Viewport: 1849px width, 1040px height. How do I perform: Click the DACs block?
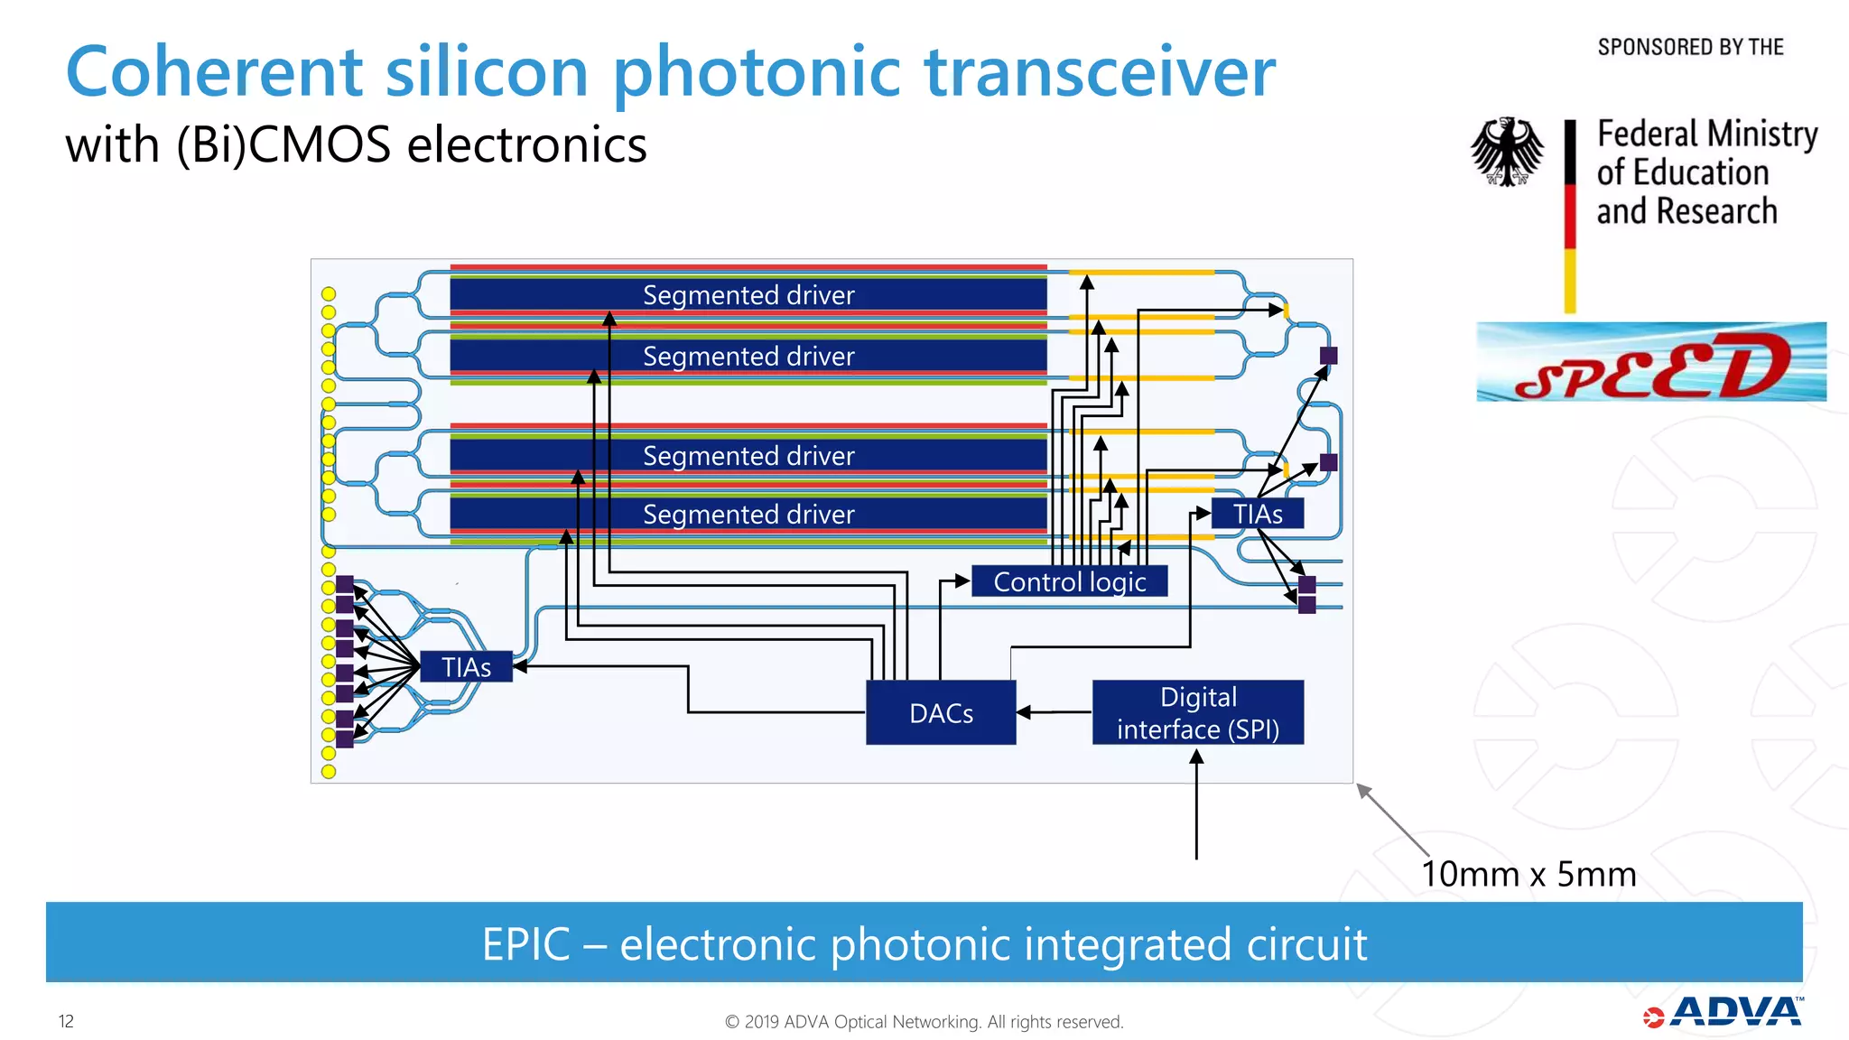tap(941, 712)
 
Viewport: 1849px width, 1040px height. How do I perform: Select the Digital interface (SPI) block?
tap(1197, 712)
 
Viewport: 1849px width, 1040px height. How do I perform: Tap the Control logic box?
tap(1069, 581)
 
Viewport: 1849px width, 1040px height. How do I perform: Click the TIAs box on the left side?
tap(466, 667)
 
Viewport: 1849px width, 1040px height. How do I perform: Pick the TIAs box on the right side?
tap(1257, 514)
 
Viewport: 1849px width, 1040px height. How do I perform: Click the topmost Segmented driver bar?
tap(748, 295)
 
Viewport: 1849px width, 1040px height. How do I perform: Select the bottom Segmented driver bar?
tap(748, 514)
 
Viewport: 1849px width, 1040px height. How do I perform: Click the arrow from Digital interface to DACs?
tap(1054, 712)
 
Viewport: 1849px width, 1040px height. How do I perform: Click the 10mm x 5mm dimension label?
tap(1528, 874)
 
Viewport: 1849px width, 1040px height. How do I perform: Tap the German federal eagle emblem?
tap(1507, 152)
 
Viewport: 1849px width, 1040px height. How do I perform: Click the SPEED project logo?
tap(1651, 363)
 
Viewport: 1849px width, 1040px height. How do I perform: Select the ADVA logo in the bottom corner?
tap(1724, 1013)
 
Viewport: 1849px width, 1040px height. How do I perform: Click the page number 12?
tap(66, 1021)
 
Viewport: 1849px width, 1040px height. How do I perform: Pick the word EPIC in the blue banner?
tap(525, 944)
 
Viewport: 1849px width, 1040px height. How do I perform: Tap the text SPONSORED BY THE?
tap(1690, 47)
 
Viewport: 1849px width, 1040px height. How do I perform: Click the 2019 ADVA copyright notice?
tap(924, 1022)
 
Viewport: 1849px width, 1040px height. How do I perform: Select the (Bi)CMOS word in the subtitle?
tap(283, 146)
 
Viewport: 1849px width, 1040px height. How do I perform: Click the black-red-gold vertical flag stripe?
tap(1570, 217)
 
